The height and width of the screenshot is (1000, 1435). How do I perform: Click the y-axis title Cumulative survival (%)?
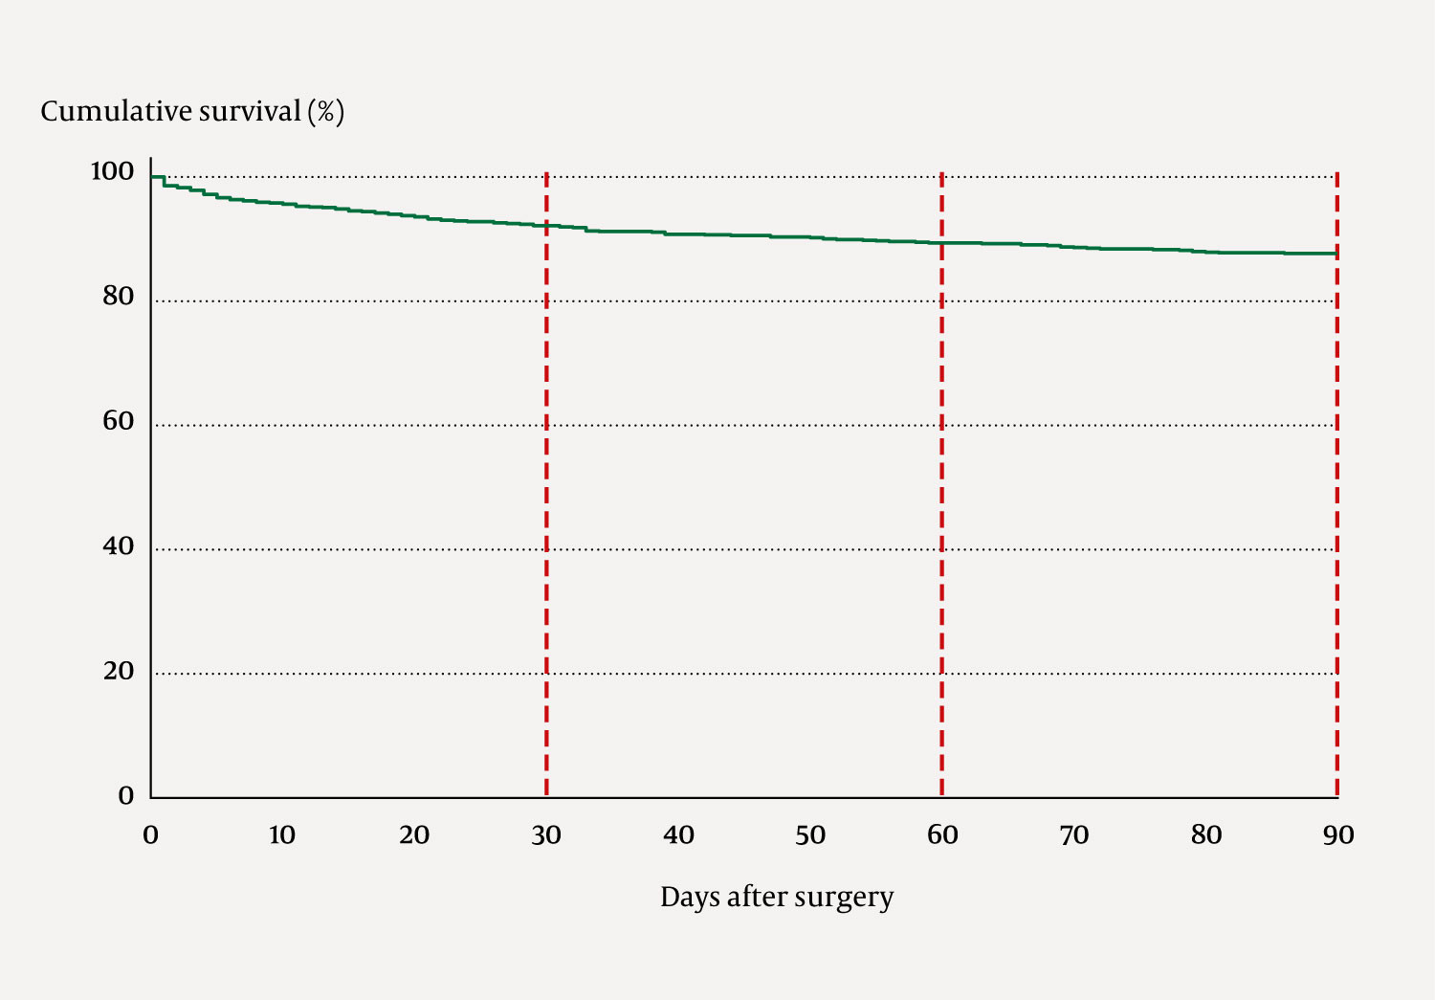pyautogui.click(x=192, y=112)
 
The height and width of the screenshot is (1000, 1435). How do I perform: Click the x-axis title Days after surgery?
pyautogui.click(x=777, y=898)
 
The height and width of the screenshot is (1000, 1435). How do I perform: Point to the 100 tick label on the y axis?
pyautogui.click(x=112, y=171)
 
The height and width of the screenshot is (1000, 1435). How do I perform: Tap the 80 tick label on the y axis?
pyautogui.click(x=118, y=297)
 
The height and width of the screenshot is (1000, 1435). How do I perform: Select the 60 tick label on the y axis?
pyautogui.click(x=118, y=421)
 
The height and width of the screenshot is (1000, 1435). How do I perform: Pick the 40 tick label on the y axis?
pyautogui.click(x=118, y=546)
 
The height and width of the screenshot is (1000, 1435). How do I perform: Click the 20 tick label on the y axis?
pyautogui.click(x=118, y=671)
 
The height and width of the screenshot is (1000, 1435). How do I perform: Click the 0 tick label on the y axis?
pyautogui.click(x=125, y=796)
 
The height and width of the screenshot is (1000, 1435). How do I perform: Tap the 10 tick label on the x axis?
pyautogui.click(x=282, y=835)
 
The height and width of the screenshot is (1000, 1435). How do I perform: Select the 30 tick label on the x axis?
pyautogui.click(x=546, y=835)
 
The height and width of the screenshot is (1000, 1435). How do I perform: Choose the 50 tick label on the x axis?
pyautogui.click(x=810, y=835)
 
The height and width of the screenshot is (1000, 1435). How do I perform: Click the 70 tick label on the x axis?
pyautogui.click(x=1074, y=835)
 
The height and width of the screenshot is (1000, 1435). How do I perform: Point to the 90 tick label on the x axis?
pyautogui.click(x=1338, y=835)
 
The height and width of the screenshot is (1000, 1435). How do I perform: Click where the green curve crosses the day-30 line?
pyautogui.click(x=546, y=225)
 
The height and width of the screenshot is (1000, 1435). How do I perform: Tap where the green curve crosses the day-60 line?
pyautogui.click(x=942, y=243)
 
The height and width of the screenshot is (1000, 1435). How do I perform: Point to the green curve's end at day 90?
pyautogui.click(x=1336, y=254)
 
